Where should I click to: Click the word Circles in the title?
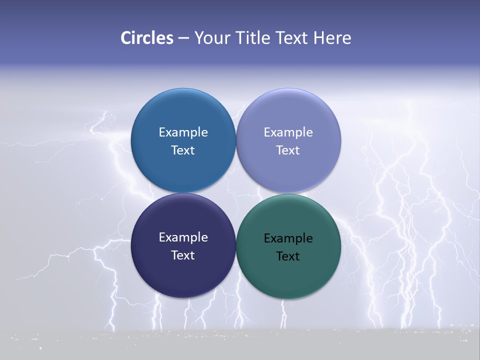point(146,38)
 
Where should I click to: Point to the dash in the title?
point(183,38)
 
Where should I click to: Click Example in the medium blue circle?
point(183,132)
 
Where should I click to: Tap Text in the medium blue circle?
point(183,150)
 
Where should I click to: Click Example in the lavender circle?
point(288,132)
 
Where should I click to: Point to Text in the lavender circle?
point(288,150)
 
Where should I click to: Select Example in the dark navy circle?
point(183,237)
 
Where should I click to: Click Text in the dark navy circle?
point(183,255)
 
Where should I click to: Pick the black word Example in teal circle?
point(288,238)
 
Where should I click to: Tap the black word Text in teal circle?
point(288,256)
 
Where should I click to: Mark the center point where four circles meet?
point(235,193)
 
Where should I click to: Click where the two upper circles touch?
point(235,140)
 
